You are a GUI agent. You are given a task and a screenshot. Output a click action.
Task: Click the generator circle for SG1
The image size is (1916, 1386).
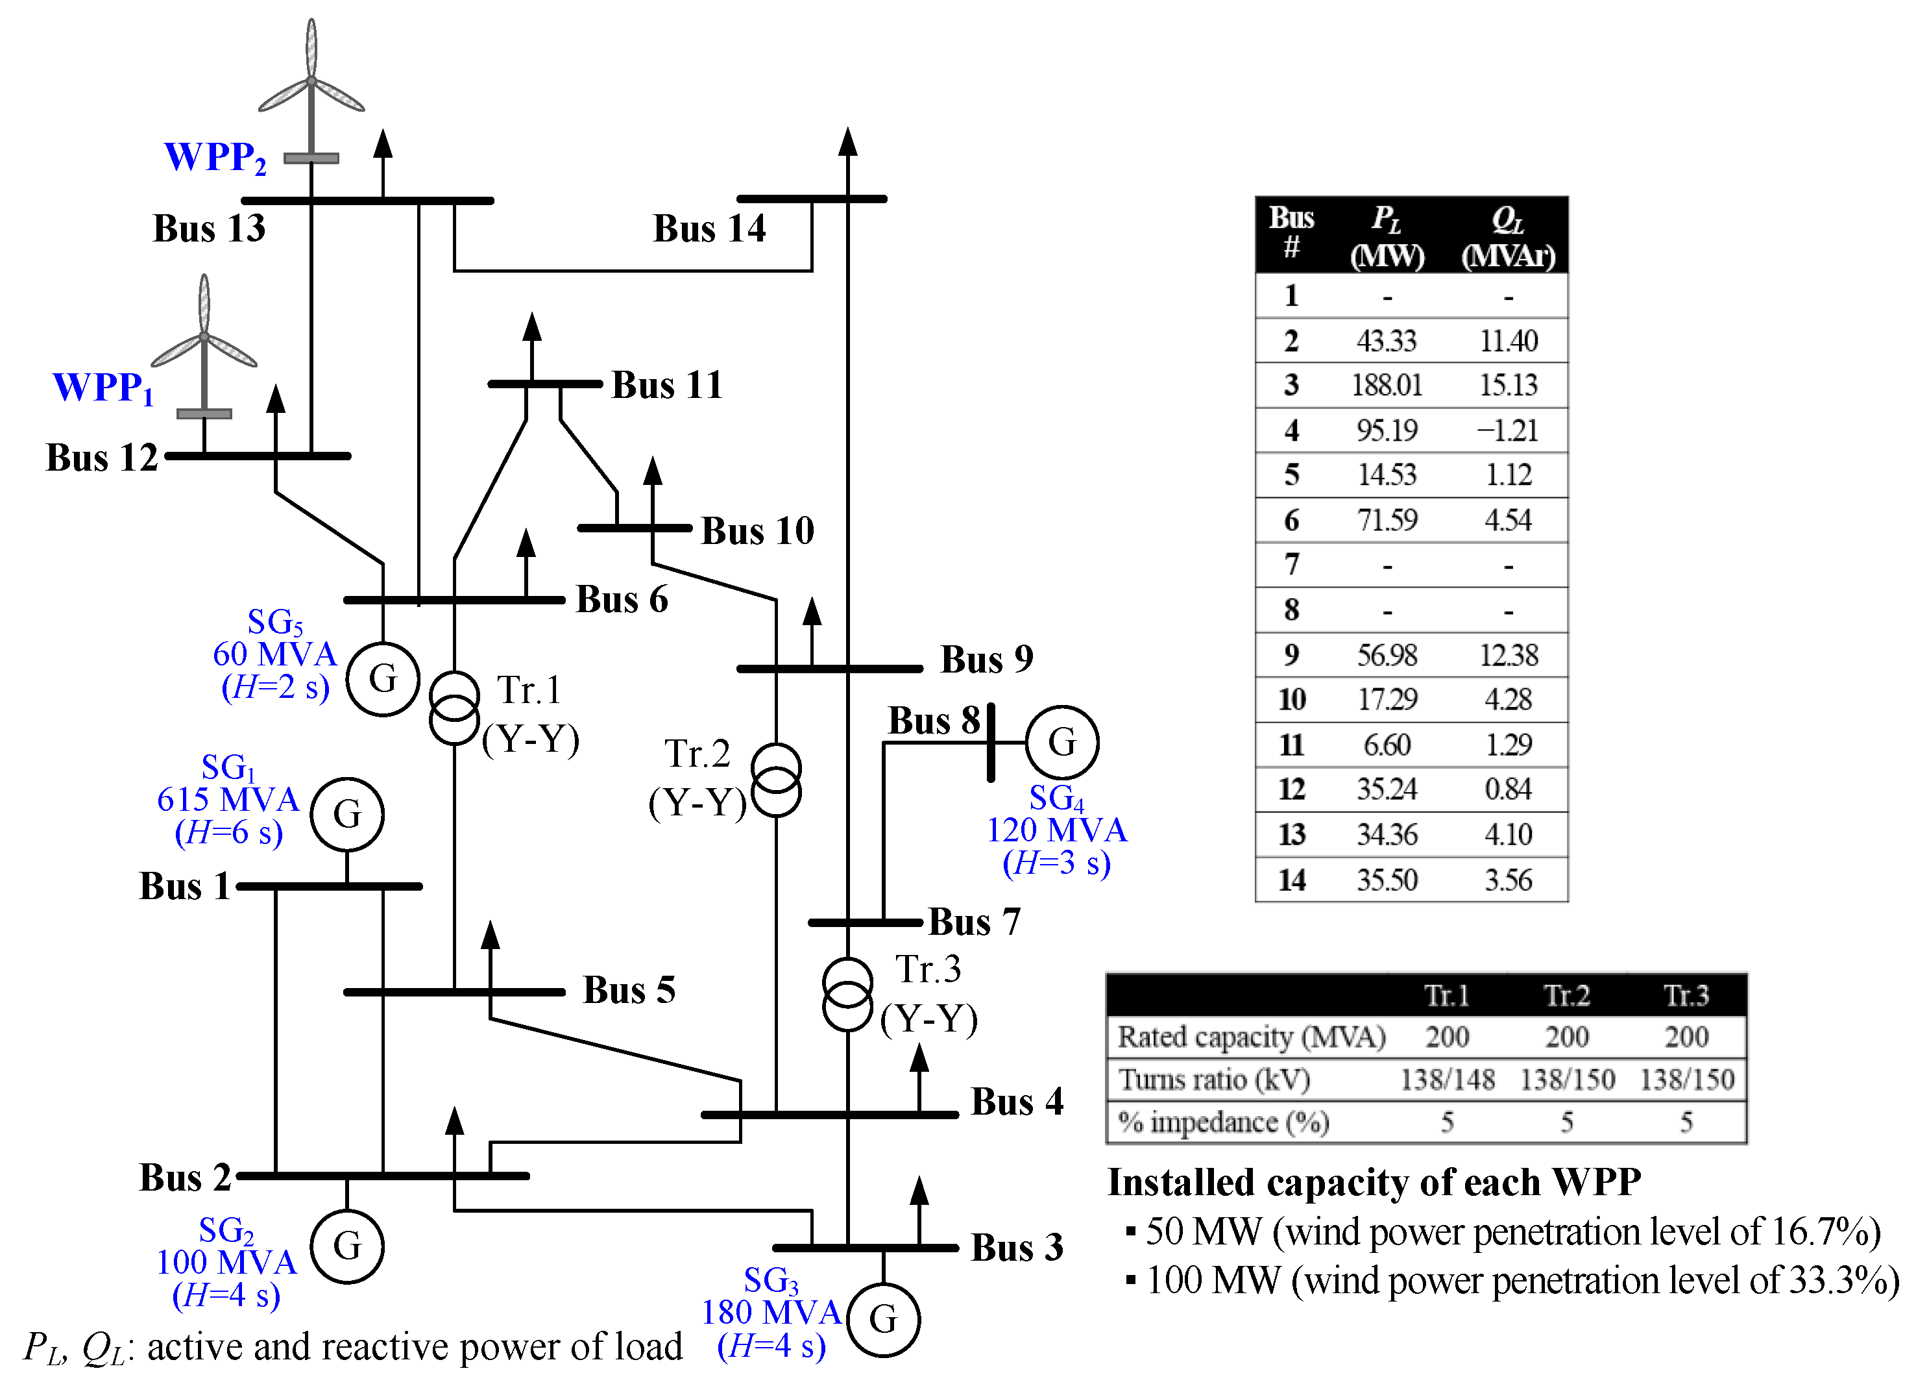tap(346, 814)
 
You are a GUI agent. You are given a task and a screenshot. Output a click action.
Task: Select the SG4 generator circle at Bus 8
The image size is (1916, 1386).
tap(1062, 742)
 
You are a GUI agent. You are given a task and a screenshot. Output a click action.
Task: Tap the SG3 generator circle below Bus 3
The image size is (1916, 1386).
tap(883, 1319)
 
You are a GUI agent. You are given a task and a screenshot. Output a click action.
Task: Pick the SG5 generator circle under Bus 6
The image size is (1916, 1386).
tap(383, 678)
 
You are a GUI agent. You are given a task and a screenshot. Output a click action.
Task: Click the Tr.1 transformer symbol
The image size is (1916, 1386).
tap(454, 708)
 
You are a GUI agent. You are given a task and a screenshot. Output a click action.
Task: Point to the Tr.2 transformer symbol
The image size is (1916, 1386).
tap(775, 779)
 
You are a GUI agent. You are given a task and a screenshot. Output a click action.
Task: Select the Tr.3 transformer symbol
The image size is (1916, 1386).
tap(847, 994)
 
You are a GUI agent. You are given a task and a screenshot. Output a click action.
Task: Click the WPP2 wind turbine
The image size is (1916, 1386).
tap(311, 84)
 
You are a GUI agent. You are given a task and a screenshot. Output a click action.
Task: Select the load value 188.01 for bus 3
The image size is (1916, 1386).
tap(1387, 386)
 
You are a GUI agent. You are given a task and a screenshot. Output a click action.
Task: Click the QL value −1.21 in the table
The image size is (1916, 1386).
tap(1507, 430)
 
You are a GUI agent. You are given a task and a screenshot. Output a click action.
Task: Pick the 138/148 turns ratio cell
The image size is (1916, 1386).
tap(1446, 1079)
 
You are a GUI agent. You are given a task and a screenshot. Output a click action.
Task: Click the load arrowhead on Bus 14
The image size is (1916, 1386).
tap(847, 142)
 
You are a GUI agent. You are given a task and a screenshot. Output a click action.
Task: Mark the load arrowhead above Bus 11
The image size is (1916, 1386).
tap(531, 327)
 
